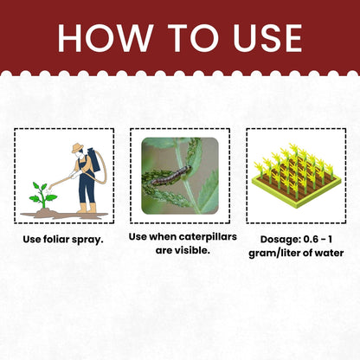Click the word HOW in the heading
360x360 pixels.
tap(106, 38)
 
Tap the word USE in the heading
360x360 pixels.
tap(267, 38)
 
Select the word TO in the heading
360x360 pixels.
tap(193, 38)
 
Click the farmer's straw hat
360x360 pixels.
tap(77, 148)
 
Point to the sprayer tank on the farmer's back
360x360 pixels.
tap(93, 159)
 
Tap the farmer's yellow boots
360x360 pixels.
tap(87, 208)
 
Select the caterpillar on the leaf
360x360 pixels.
tap(171, 175)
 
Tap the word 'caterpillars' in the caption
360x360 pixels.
tap(208, 237)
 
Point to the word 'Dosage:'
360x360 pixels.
tap(277, 240)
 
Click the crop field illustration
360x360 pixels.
tap(296, 176)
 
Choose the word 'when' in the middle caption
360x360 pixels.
tap(163, 237)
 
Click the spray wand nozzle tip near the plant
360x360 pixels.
tap(50, 188)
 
